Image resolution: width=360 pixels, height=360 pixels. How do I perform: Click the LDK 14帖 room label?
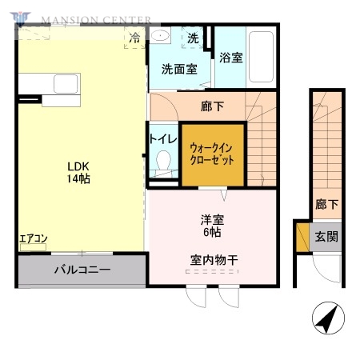tap(78, 173)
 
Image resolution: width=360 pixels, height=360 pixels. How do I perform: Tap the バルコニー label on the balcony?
tap(82, 270)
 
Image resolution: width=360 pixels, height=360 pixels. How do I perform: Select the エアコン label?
tap(34, 238)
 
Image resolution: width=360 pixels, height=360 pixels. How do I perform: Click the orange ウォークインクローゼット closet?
tap(212, 154)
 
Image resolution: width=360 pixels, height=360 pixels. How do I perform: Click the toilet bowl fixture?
tap(163, 162)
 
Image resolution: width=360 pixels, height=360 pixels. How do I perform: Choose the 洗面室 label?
tap(179, 69)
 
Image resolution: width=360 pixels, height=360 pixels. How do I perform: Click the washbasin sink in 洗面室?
tap(160, 36)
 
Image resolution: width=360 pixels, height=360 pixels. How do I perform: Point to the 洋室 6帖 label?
tap(212, 225)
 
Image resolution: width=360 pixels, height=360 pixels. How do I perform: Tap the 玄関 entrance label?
tap(325, 236)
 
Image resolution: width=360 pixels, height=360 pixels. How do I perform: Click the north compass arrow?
tap(326, 319)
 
